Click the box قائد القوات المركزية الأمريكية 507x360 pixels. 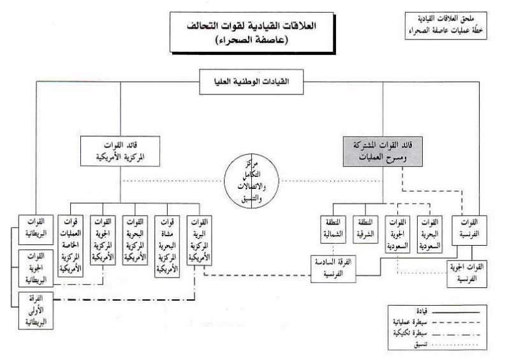[121, 151]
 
